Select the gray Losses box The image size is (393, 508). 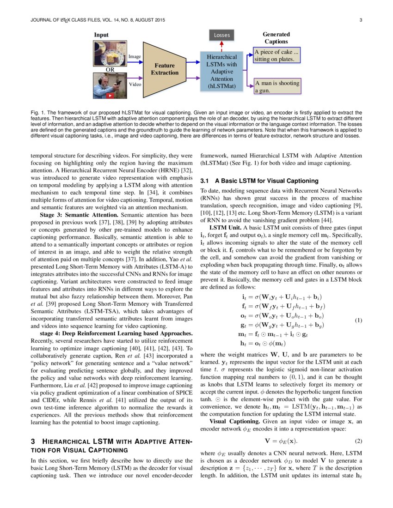221,35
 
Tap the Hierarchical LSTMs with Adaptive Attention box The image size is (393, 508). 221,71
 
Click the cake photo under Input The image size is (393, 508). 110,53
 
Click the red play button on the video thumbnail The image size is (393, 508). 111,96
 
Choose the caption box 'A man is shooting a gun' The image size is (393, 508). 276,87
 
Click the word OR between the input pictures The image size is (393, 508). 110,70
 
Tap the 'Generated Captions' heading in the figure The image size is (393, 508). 276,38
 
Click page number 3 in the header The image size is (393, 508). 360,20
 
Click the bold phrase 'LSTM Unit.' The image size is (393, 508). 225,228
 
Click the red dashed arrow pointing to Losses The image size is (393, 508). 221,45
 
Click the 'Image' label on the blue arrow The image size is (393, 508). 135,56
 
